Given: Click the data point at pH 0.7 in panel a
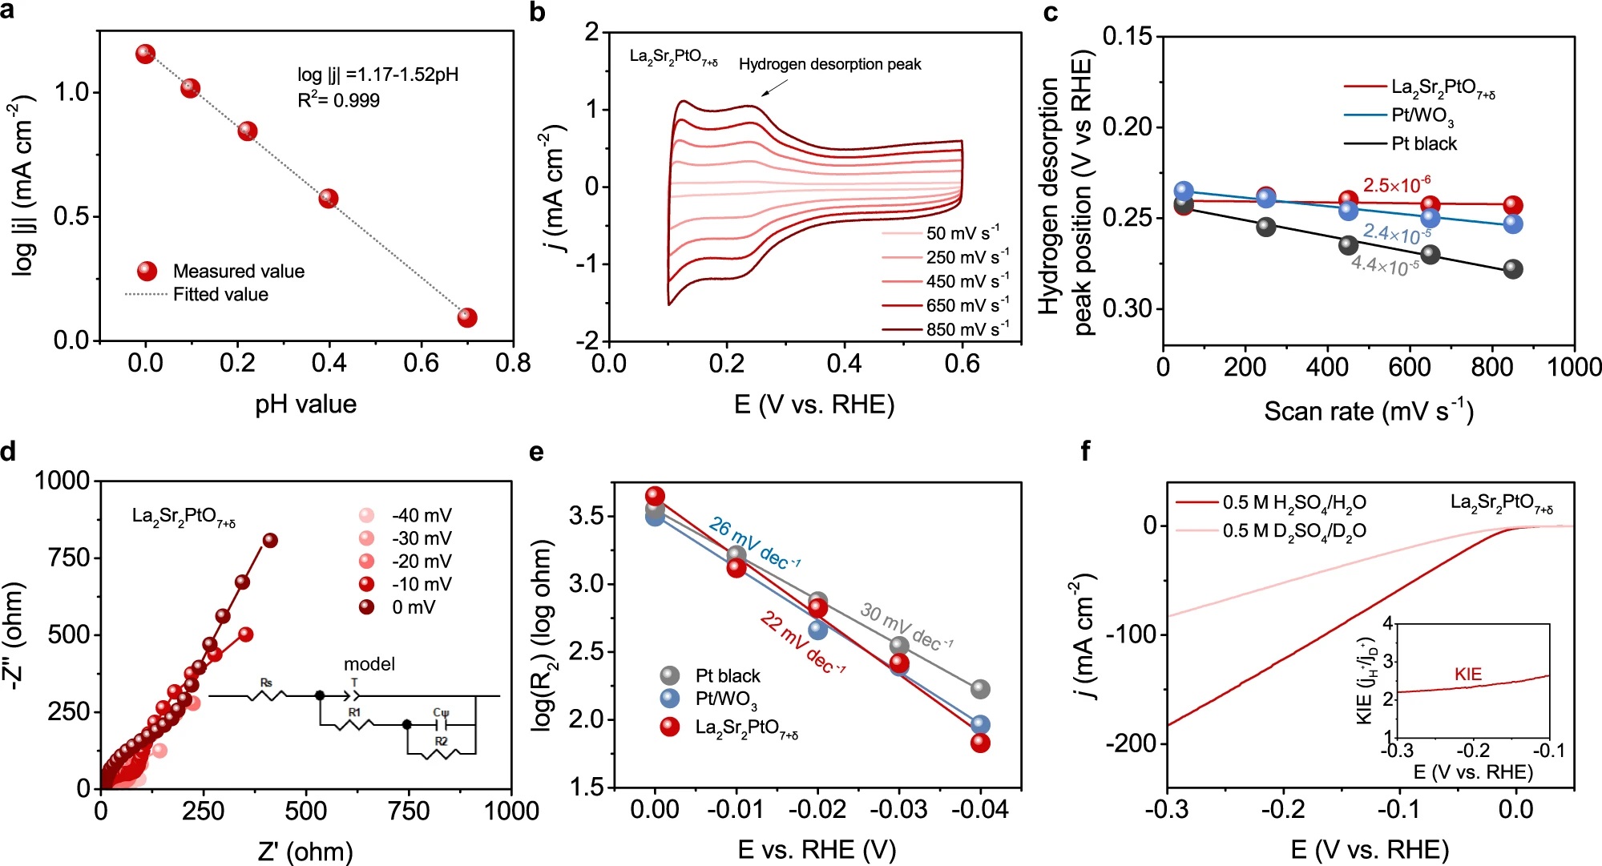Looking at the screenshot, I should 467,318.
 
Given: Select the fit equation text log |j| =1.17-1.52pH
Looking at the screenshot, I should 377,75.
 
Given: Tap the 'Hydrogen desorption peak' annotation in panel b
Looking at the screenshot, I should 829,64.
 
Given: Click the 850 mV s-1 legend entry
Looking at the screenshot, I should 946,329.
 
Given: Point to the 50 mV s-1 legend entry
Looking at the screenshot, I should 946,233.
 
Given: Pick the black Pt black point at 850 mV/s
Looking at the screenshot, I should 1513,269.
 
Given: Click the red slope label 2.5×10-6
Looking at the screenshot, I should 1397,185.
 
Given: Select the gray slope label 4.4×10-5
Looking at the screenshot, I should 1385,264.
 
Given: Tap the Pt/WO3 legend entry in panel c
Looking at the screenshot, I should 1422,116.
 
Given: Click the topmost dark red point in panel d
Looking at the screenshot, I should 270,541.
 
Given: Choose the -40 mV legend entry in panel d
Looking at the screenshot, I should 422,515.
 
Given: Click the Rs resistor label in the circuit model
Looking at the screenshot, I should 266,683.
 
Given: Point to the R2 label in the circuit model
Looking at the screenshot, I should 441,741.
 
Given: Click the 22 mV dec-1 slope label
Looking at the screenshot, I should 802,642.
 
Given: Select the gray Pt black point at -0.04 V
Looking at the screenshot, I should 980,689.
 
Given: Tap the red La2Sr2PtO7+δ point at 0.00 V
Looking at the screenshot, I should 656,496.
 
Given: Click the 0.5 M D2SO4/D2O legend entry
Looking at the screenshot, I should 1293,531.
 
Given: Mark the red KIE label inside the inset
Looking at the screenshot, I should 1468,675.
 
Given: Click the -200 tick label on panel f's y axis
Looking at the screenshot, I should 1132,743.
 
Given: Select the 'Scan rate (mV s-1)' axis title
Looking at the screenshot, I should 1368,411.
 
